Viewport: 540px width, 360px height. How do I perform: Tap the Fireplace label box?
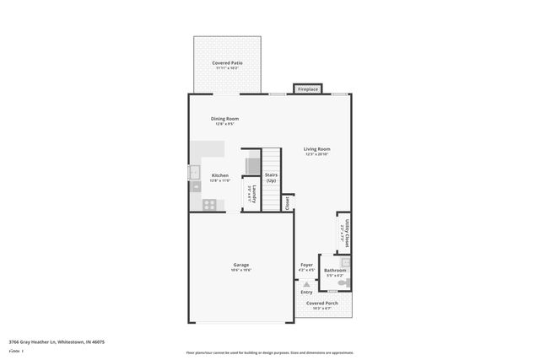[x=307, y=89]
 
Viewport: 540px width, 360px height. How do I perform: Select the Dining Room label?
[x=224, y=119]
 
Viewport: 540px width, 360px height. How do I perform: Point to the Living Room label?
[x=316, y=149]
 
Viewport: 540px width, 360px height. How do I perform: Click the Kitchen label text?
[x=219, y=175]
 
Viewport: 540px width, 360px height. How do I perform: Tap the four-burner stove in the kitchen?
[x=209, y=203]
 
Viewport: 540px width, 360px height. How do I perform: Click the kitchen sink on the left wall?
[x=193, y=174]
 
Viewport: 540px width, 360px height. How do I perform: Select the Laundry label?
[x=251, y=194]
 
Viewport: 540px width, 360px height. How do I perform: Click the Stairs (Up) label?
[x=271, y=178]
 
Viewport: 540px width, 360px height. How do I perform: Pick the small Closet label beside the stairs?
[x=288, y=202]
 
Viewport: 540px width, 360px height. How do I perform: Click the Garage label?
[x=240, y=265]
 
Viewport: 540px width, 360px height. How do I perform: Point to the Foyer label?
[x=306, y=265]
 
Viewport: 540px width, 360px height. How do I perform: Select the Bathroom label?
[x=334, y=270]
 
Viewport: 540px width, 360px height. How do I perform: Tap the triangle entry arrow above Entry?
[x=306, y=284]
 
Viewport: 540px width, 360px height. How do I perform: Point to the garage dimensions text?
[x=240, y=271]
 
